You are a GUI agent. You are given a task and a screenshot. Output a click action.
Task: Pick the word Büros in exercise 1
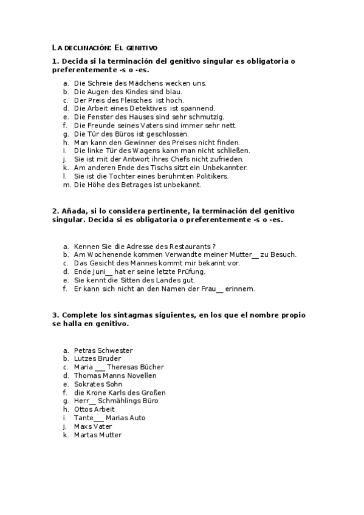124,134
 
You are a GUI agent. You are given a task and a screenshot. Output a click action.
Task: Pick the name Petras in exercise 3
84,351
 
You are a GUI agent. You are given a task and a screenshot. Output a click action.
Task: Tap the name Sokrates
89,384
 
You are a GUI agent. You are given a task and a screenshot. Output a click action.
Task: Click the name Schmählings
120,401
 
